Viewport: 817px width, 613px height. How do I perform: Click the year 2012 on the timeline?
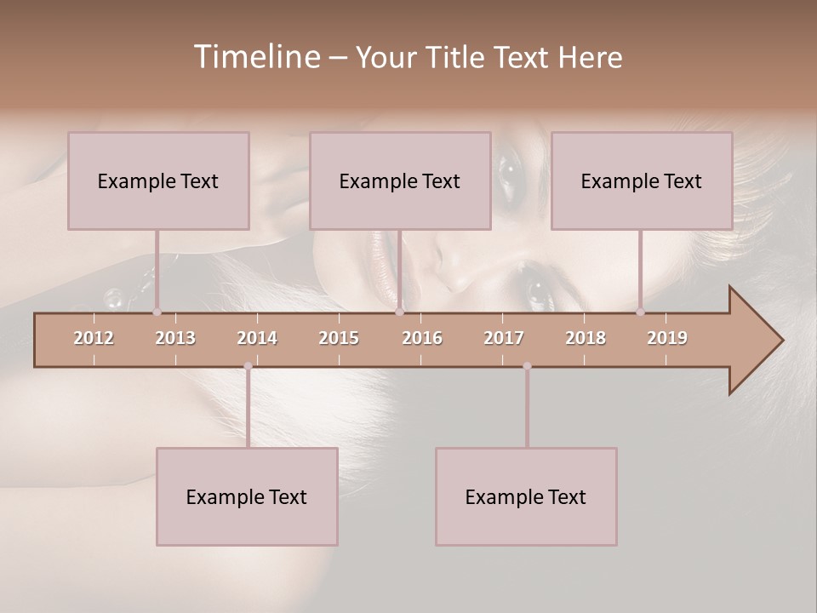click(x=94, y=338)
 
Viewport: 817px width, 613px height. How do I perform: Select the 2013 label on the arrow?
click(x=175, y=338)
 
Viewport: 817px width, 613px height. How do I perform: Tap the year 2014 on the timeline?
click(x=257, y=338)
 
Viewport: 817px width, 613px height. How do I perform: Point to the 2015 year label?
click(x=339, y=338)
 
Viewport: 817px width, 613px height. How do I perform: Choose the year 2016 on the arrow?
click(x=422, y=338)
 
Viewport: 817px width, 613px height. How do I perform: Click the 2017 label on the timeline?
click(x=504, y=338)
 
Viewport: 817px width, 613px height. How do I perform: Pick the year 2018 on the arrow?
click(x=586, y=338)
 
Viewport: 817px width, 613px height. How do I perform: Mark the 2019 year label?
click(x=667, y=338)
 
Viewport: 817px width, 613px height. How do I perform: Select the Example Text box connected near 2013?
click(x=158, y=180)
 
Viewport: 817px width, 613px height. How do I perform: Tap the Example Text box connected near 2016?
click(x=400, y=180)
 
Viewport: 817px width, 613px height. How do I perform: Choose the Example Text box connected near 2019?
click(x=642, y=180)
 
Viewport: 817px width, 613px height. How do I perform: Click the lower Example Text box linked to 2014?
click(x=247, y=496)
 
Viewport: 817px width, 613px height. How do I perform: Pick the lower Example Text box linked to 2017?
click(x=526, y=496)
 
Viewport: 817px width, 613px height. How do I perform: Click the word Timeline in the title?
click(x=255, y=57)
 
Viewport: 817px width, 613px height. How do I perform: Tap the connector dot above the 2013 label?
click(x=157, y=312)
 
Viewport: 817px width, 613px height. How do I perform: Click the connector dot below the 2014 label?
click(x=248, y=366)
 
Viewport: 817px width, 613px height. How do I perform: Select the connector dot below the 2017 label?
click(x=527, y=366)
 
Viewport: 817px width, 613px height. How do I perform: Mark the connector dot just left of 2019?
click(x=641, y=312)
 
